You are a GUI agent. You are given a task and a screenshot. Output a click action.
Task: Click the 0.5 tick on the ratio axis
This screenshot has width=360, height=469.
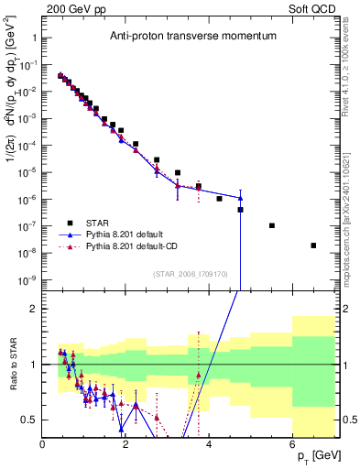pyautogui.click(x=29, y=420)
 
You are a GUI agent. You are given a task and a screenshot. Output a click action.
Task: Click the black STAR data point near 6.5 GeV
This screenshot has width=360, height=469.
pyautogui.click(x=313, y=245)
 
